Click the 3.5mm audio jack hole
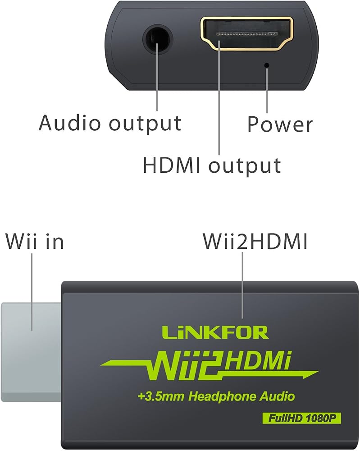157,39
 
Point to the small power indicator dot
267,65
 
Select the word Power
280,125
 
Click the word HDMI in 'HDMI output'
171,166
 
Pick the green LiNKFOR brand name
215,332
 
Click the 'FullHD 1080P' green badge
301,418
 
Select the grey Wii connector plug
31,352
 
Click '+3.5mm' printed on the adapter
161,396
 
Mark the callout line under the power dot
267,90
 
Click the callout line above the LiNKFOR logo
242,285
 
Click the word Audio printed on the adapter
277,396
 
